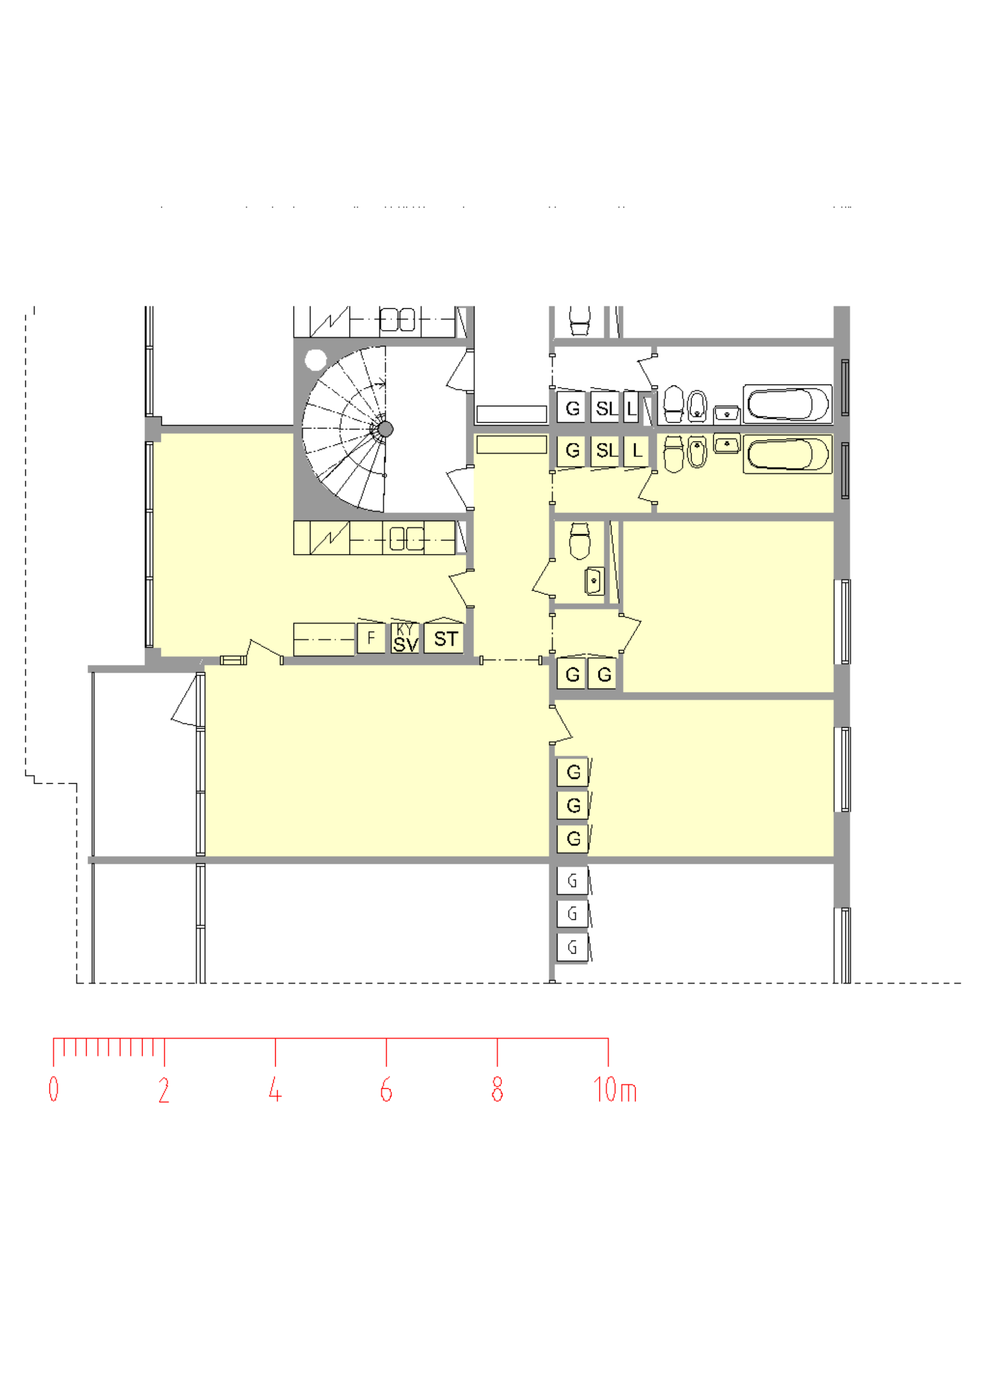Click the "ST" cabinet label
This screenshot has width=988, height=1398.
click(x=446, y=639)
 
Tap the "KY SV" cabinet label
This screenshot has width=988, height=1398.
click(x=406, y=638)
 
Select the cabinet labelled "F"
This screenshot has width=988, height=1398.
click(x=371, y=638)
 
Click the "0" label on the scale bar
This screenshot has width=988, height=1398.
click(x=54, y=1089)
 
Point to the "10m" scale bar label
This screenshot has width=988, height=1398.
click(x=615, y=1089)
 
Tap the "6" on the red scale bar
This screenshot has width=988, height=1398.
click(x=386, y=1089)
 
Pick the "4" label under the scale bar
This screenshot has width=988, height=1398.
click(x=275, y=1089)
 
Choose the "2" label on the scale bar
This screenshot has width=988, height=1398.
click(x=164, y=1089)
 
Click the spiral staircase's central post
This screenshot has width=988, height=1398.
click(x=385, y=429)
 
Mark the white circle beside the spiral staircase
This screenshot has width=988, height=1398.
click(x=315, y=360)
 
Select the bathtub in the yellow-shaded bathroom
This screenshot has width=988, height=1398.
click(x=787, y=454)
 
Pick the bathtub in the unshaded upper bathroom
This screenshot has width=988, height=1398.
click(x=787, y=404)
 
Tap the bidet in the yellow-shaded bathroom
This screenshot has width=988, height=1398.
click(x=697, y=452)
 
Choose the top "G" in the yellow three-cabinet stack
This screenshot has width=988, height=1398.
click(x=573, y=772)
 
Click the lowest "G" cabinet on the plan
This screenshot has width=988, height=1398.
click(x=572, y=948)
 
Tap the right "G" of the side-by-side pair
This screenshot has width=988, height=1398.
click(x=604, y=675)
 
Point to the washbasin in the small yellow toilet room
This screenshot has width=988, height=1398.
click(x=594, y=581)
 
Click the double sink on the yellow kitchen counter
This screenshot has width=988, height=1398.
click(x=406, y=539)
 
